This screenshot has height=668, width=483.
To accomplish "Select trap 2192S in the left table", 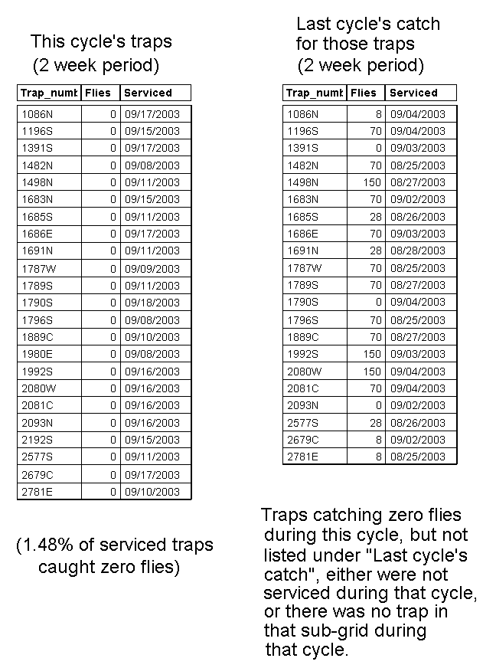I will pyautogui.click(x=37, y=440).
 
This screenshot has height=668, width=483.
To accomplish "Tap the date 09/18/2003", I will pyautogui.click(x=152, y=303).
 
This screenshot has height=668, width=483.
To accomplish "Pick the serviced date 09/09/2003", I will pyautogui.click(x=152, y=269).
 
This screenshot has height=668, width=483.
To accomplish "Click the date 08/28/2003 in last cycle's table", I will pyautogui.click(x=417, y=251).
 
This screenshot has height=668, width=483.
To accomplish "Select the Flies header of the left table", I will pyautogui.click(x=99, y=93).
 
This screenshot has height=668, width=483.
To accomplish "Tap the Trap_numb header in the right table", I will pyautogui.click(x=314, y=93).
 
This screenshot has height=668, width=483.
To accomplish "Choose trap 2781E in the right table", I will pyautogui.click(x=302, y=457).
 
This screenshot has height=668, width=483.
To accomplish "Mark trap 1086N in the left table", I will pyautogui.click(x=37, y=113).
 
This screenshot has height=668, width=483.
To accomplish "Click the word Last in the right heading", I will pyautogui.click(x=312, y=25).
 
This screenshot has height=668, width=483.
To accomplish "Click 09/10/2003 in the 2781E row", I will pyautogui.click(x=152, y=491).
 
